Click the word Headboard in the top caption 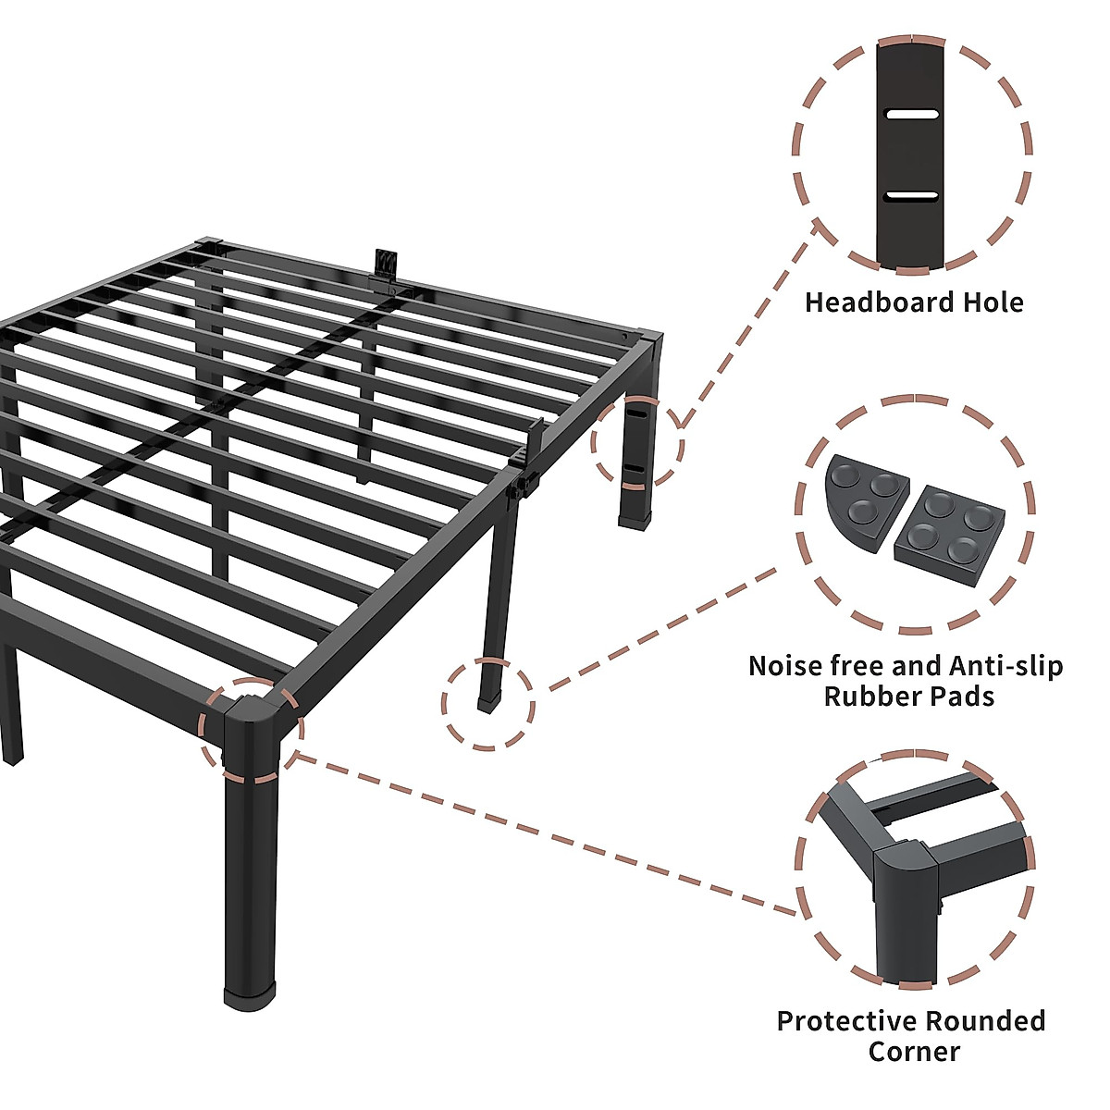pos(878,302)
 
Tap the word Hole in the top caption pos(992,302)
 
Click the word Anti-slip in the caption pos(1005,666)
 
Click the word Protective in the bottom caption pos(838,1021)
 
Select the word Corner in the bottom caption pos(914,1051)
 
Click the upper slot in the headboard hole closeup pos(912,115)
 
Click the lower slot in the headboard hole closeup pos(912,195)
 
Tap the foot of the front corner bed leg pos(250,997)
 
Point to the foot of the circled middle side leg pos(487,703)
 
